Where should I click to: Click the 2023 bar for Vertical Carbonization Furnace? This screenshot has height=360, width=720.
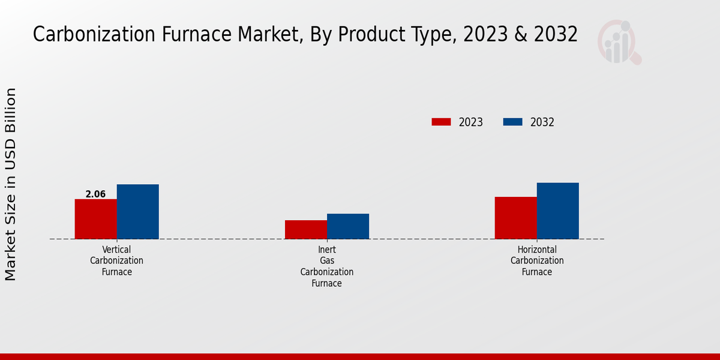click(x=95, y=219)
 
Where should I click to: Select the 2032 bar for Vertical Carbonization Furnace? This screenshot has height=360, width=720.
click(x=137, y=212)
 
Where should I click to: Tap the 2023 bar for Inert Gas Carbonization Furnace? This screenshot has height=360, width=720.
click(x=305, y=230)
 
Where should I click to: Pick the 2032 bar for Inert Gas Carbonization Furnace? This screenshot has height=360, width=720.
click(x=347, y=226)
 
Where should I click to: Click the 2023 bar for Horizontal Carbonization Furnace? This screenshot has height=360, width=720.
click(x=515, y=218)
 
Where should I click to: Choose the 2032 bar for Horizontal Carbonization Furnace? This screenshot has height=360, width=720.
click(x=557, y=211)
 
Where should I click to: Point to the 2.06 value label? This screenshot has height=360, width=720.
click(x=95, y=194)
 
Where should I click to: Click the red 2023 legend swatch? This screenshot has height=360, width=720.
click(x=441, y=122)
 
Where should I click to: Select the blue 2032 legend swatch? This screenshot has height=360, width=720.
click(x=512, y=122)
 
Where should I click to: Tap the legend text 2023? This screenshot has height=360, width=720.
click(x=470, y=122)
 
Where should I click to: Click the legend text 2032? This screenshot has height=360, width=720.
click(x=542, y=122)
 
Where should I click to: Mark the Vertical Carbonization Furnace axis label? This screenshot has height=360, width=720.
click(x=116, y=260)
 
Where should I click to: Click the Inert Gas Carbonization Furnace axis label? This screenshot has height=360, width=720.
click(x=326, y=266)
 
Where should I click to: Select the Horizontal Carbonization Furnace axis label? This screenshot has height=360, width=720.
click(x=536, y=260)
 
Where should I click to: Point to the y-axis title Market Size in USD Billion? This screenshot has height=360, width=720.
click(x=11, y=184)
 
